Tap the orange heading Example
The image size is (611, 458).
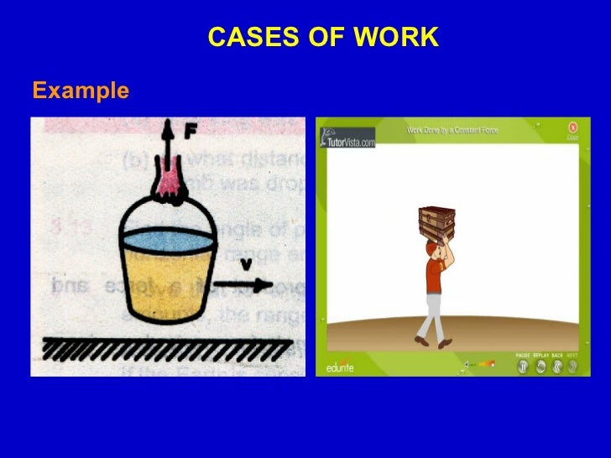(81, 90)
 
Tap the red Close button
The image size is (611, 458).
(572, 128)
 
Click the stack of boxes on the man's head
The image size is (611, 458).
(436, 223)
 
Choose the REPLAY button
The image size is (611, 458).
(540, 367)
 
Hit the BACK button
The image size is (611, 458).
(557, 367)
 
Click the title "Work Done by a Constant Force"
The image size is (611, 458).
(453, 131)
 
